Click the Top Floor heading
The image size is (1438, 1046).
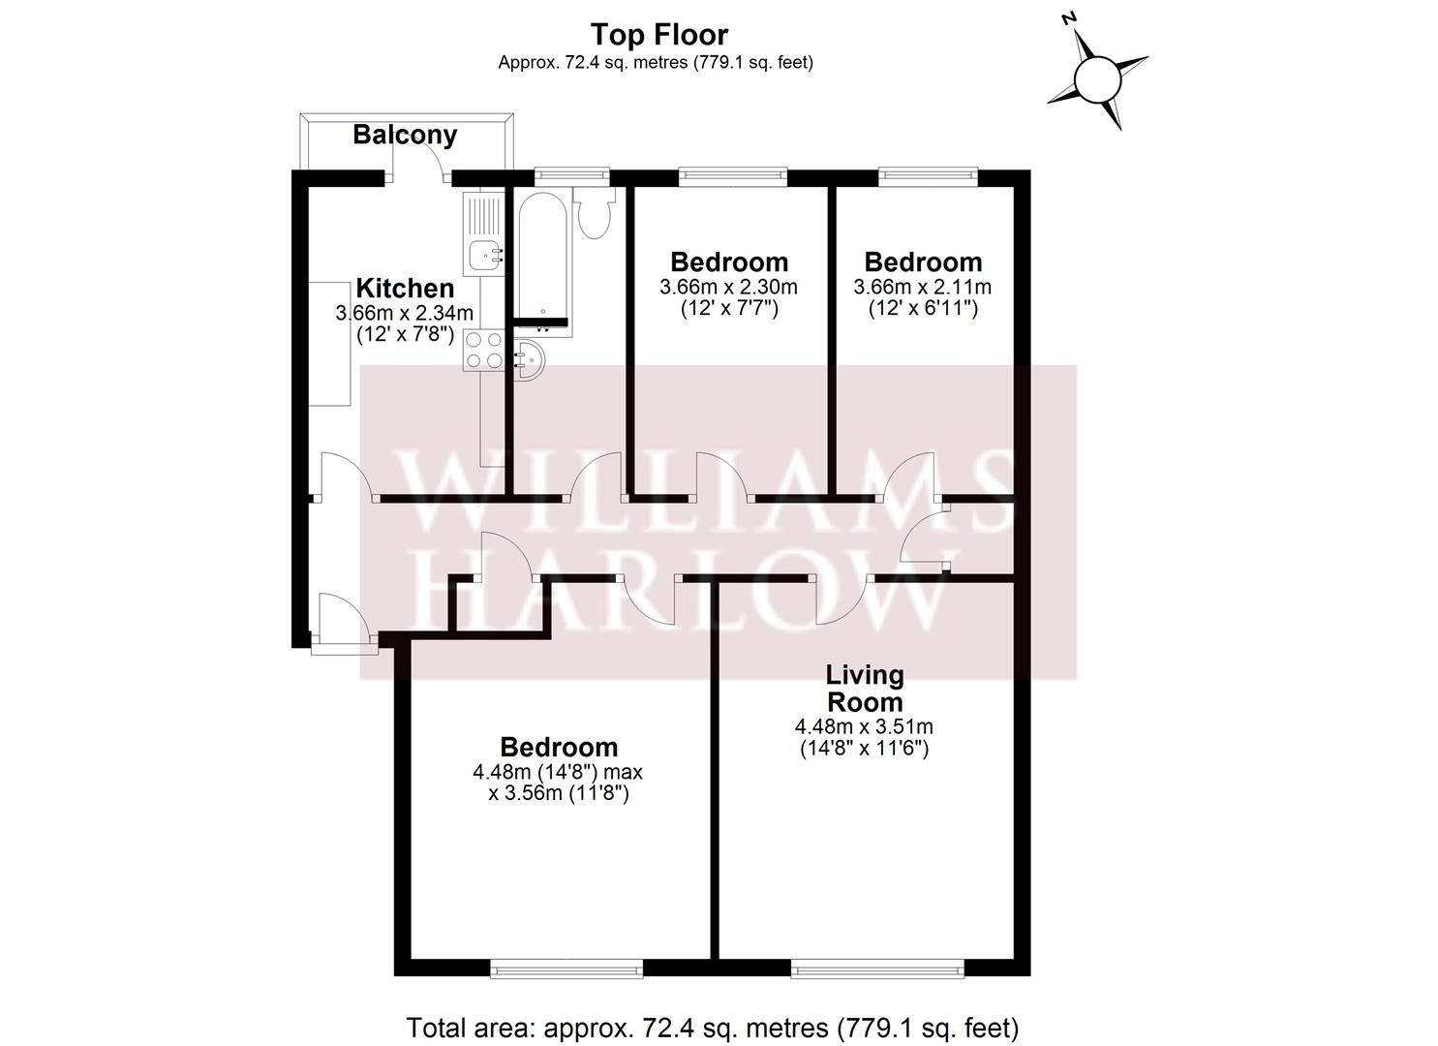click(x=659, y=35)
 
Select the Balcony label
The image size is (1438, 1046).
click(x=405, y=135)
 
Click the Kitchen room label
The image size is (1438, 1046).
click(x=405, y=289)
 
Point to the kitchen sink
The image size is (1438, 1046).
click(x=483, y=255)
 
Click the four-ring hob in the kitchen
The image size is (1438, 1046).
click(x=483, y=350)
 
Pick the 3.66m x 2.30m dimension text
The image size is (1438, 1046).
click(x=728, y=287)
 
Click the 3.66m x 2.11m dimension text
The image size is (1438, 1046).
click(x=922, y=287)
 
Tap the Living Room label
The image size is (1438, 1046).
click(x=864, y=688)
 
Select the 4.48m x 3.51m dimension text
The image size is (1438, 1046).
click(x=864, y=726)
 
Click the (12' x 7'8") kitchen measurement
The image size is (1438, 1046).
click(x=405, y=335)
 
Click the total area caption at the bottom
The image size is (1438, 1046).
click(x=712, y=1027)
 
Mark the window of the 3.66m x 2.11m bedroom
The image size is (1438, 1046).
click(x=928, y=176)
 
